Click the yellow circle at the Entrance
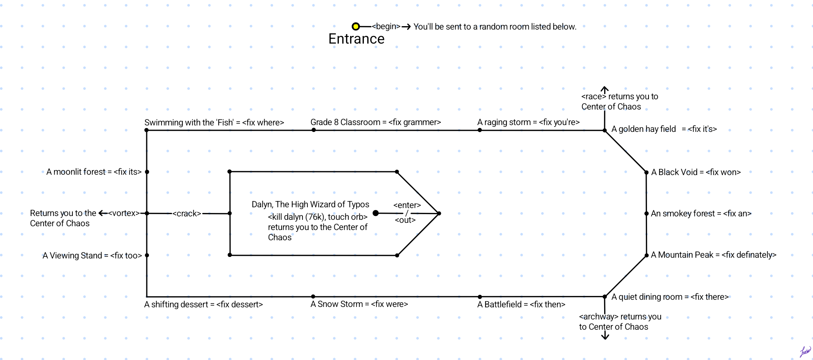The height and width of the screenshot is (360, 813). pyautogui.click(x=356, y=27)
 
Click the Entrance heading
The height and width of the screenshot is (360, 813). pyautogui.click(x=356, y=39)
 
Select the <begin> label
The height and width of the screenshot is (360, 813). pyautogui.click(x=386, y=26)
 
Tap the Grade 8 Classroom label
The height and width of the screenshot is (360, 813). pyautogui.click(x=376, y=122)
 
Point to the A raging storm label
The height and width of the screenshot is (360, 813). pyautogui.click(x=528, y=122)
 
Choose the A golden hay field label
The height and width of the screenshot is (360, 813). pyautogui.click(x=664, y=129)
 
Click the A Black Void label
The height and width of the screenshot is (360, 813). pyautogui.click(x=696, y=172)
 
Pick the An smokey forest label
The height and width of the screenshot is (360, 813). pyautogui.click(x=701, y=214)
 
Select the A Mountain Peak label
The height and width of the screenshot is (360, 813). pyautogui.click(x=713, y=255)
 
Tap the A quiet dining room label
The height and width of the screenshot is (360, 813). pyautogui.click(x=670, y=297)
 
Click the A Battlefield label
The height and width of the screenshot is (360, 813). pyautogui.click(x=521, y=305)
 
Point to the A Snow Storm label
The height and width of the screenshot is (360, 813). pyautogui.click(x=359, y=304)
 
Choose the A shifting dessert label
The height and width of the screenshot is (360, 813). pyautogui.click(x=204, y=305)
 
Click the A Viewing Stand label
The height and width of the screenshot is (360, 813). pyautogui.click(x=92, y=256)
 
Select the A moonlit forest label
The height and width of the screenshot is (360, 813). pyautogui.click(x=94, y=172)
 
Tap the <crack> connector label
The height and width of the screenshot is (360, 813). pyautogui.click(x=187, y=214)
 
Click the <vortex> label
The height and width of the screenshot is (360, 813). pyautogui.click(x=124, y=213)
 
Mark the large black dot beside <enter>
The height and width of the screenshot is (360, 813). pyautogui.click(x=376, y=213)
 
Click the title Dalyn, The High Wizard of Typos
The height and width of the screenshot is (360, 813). pyautogui.click(x=310, y=205)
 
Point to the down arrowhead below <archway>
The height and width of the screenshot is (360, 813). pyautogui.click(x=605, y=337)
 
